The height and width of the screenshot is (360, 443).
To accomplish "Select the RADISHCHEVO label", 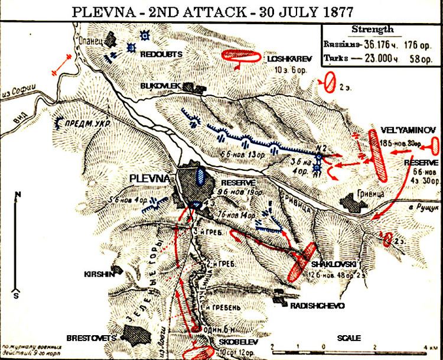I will [314, 306].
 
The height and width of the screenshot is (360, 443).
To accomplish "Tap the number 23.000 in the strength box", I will [369, 57].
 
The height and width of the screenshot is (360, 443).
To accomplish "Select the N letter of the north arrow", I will [19, 196].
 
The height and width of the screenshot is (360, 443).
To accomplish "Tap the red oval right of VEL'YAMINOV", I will [433, 145].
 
